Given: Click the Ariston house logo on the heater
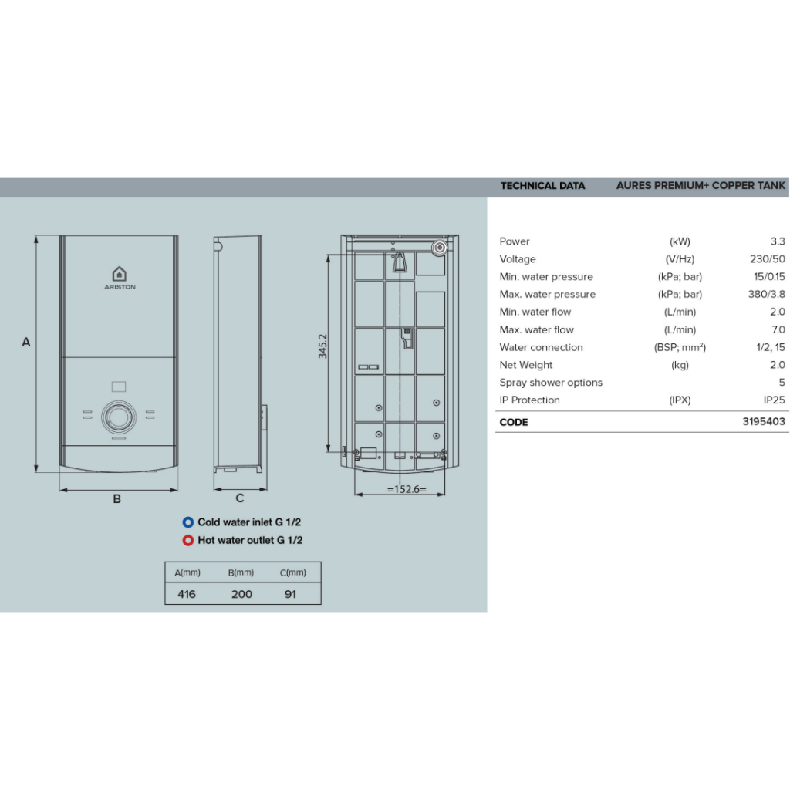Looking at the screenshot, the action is pyautogui.click(x=120, y=274).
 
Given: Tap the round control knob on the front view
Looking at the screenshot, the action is pyautogui.click(x=119, y=417).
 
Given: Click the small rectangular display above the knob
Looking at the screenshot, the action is pyautogui.click(x=119, y=387).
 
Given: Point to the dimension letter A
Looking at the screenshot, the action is pyautogui.click(x=26, y=342).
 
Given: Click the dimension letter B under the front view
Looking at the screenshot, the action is pyautogui.click(x=117, y=499).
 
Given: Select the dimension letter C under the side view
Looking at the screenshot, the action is pyautogui.click(x=240, y=498).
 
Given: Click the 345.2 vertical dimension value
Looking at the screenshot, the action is pyautogui.click(x=322, y=346).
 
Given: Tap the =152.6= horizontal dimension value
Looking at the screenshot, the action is pyautogui.click(x=407, y=489).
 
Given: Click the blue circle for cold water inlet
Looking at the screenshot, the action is pyautogui.click(x=188, y=522).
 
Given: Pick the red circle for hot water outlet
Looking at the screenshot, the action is pyautogui.click(x=188, y=540).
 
